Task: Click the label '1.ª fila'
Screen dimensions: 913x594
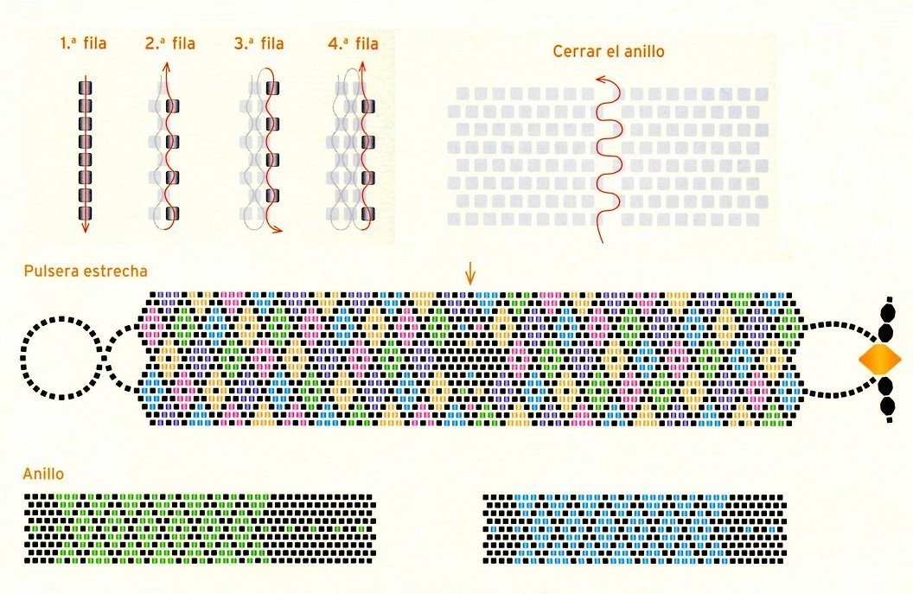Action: point(83,42)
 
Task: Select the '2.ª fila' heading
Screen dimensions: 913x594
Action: point(170,42)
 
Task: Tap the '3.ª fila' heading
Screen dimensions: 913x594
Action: point(259,42)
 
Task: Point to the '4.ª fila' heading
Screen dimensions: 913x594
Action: point(354,42)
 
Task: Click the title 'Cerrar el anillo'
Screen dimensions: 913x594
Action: point(609,51)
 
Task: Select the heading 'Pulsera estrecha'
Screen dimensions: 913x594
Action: point(86,271)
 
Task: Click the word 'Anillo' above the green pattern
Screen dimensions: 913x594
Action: point(44,474)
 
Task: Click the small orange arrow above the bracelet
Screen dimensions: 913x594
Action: point(469,274)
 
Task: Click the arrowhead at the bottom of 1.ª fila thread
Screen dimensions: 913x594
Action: point(86,229)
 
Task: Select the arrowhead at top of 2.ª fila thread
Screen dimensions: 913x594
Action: point(165,68)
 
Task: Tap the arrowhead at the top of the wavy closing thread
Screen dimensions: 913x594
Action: point(600,80)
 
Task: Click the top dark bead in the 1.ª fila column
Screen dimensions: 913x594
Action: point(86,88)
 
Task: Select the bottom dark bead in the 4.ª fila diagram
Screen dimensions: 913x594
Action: point(367,214)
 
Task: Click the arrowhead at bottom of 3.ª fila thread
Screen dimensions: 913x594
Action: point(278,231)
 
